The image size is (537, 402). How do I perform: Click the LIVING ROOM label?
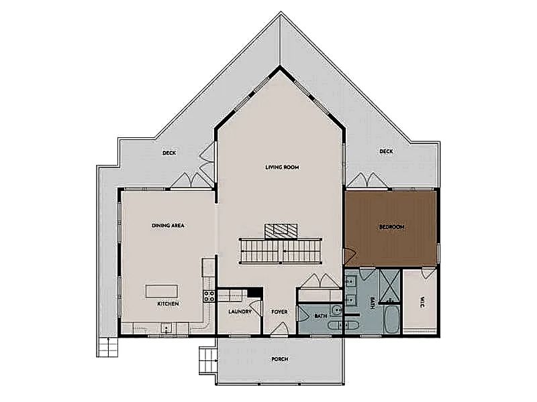pos(282,167)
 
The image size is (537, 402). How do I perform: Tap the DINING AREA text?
pos(168,226)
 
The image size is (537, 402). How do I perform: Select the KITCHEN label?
pos(168,304)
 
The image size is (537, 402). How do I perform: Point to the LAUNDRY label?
pos(240,312)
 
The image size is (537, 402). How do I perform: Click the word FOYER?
pos(279,312)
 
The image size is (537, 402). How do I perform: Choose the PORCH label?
pos(279,359)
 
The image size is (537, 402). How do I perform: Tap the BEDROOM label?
pos(392,227)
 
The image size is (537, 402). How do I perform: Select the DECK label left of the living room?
pos(169,153)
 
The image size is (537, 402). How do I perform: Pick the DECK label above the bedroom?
pos(386,151)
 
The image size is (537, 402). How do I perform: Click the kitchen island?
pos(162,291)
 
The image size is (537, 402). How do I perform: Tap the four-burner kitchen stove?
pos(209,296)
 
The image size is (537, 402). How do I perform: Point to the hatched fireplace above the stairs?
pos(281,230)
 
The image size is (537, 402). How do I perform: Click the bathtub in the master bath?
pos(391,320)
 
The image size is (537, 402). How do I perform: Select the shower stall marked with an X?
pos(390,286)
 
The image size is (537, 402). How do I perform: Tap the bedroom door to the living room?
pos(350,255)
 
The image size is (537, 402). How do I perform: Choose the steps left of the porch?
pos(209,360)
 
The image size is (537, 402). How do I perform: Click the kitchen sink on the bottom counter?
pos(166,329)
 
